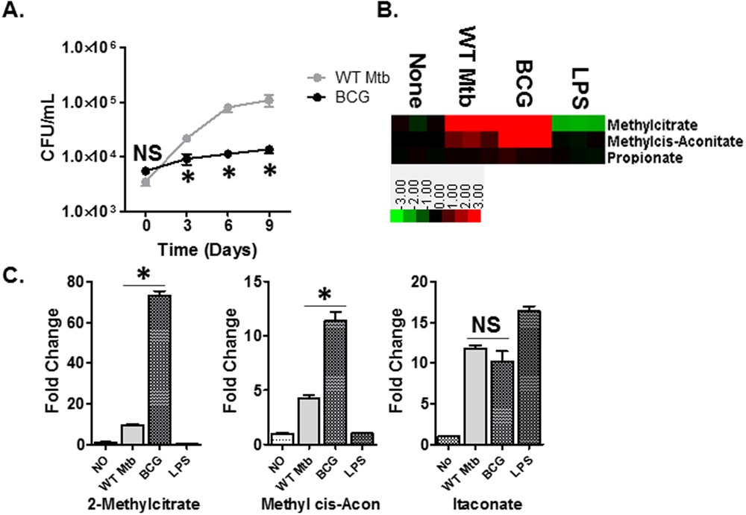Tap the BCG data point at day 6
point(228,154)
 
